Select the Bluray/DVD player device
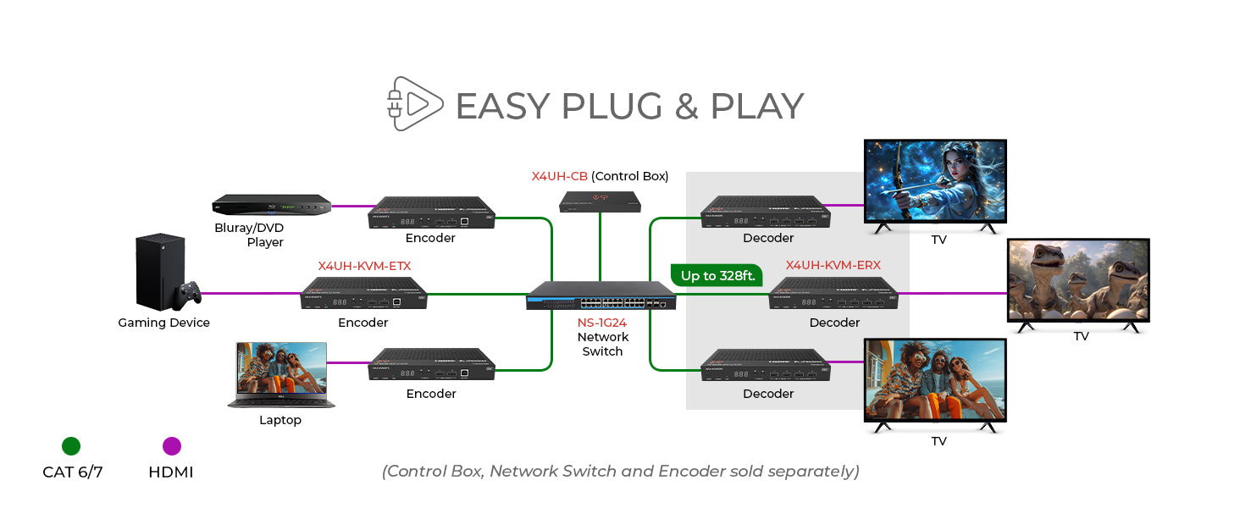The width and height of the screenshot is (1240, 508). [270, 205]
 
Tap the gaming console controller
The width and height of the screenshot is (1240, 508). [188, 293]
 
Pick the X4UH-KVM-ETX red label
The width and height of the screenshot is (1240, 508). [364, 266]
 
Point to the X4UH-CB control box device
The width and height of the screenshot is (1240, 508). [600, 202]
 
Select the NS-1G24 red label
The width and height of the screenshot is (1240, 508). [602, 323]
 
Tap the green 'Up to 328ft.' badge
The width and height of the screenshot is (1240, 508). [717, 275]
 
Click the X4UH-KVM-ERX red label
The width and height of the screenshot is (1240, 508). [833, 265]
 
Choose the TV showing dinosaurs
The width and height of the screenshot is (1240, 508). [1077, 281]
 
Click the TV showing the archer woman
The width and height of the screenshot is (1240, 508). [935, 182]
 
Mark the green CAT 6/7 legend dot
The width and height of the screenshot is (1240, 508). [71, 446]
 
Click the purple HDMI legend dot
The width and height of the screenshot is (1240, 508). [171, 446]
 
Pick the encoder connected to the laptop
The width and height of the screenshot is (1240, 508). [431, 363]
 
